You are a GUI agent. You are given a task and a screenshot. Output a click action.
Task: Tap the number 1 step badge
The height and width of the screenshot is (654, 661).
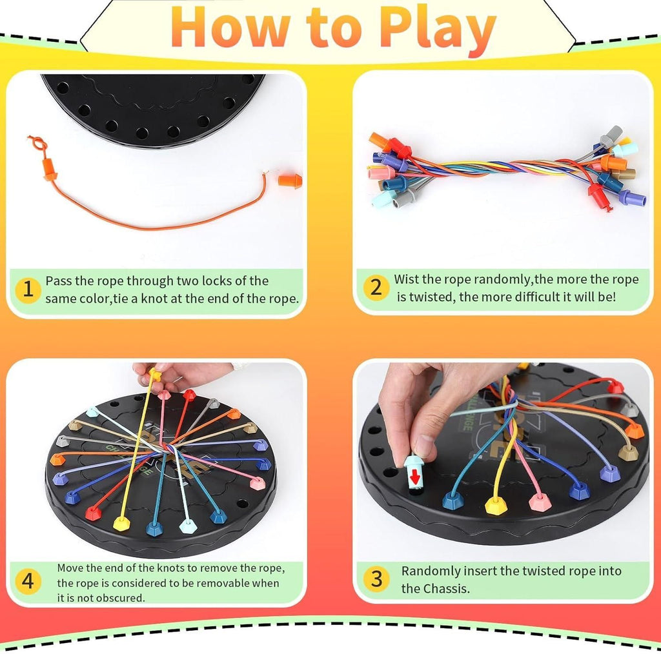(28, 289)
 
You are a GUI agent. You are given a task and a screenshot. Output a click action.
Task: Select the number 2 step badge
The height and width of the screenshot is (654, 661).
(376, 288)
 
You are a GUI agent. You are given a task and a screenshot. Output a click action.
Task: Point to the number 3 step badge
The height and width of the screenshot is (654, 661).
(376, 579)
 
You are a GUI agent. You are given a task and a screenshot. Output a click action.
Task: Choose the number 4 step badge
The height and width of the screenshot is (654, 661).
(28, 581)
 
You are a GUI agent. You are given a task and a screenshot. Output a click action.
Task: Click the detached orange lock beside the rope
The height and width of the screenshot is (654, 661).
(290, 180)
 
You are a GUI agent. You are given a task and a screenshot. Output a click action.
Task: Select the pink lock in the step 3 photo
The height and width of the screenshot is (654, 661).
(539, 501)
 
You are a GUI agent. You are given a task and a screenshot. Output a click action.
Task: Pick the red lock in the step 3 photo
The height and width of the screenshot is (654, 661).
(616, 386)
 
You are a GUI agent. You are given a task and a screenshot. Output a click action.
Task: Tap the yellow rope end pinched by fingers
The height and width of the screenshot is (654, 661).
(154, 373)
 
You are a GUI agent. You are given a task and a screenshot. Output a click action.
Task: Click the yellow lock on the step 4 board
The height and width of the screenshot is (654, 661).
(119, 523)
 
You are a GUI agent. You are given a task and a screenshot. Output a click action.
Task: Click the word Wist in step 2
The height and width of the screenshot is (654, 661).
(409, 280)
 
